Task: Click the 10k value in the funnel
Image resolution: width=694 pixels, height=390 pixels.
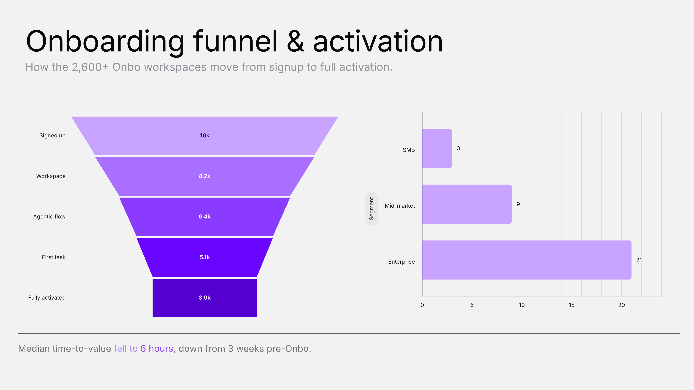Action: tap(204, 135)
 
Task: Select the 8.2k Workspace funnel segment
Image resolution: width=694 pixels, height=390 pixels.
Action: tap(204, 176)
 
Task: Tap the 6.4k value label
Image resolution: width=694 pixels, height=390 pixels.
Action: tap(204, 217)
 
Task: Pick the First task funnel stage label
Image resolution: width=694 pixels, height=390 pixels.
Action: tap(54, 257)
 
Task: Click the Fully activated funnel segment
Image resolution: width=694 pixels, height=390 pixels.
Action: tap(204, 298)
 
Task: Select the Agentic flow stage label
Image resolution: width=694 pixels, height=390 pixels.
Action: tap(49, 217)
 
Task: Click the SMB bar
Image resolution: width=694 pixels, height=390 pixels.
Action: tap(437, 148)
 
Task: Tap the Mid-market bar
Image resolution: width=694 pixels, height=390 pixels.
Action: tap(467, 204)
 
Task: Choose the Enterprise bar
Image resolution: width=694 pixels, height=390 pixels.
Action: tap(527, 260)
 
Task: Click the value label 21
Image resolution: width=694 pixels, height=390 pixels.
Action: tap(639, 260)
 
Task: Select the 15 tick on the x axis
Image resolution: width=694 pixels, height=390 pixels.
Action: tap(571, 305)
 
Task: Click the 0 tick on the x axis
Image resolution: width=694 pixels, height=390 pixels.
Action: tap(422, 305)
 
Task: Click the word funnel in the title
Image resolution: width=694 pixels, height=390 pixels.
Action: tap(235, 42)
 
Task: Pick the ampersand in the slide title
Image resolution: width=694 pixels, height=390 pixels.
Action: tap(295, 42)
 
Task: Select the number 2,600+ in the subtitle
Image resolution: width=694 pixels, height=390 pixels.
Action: tap(90, 67)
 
